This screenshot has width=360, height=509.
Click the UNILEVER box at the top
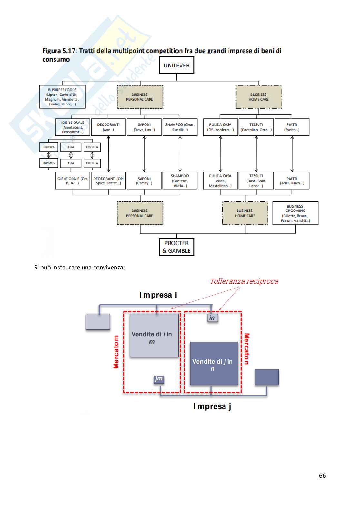coord(176,65)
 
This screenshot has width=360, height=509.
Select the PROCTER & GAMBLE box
coord(176,247)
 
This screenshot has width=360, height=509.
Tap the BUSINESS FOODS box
coord(62,97)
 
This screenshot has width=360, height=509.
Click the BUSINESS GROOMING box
coord(295,213)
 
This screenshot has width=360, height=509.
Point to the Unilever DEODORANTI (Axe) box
coord(108,127)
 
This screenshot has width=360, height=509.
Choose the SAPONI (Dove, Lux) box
coord(144,127)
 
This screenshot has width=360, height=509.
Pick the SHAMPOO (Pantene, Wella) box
coord(180,181)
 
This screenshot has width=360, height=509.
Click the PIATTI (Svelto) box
coord(292,127)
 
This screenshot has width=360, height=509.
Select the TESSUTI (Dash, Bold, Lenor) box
coord(256,181)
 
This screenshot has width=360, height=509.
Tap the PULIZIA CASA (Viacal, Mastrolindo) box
coord(220,181)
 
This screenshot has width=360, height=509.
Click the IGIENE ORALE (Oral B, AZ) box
coord(73,181)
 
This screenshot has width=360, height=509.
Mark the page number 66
coord(322,475)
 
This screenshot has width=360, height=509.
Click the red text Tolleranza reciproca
coord(244,281)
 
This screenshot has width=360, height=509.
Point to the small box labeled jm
coord(159,379)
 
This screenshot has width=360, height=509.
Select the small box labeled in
coord(212,318)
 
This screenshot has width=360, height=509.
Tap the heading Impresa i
coord(158,295)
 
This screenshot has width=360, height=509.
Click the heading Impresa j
coord(212,406)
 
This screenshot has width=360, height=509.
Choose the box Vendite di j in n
coord(214,364)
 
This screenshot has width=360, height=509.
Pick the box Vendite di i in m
coord(154,336)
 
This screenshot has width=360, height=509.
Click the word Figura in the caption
coord(51,51)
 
